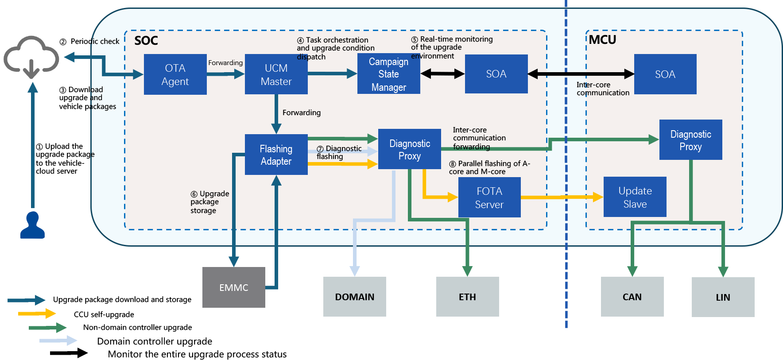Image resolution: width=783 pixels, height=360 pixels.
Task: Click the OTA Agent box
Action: point(175,74)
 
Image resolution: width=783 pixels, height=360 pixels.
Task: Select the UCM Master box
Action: point(276,74)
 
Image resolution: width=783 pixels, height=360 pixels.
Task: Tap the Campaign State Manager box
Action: point(389,74)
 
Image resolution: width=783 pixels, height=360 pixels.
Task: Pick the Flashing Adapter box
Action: point(276,155)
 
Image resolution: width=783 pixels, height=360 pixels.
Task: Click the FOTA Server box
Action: point(489,197)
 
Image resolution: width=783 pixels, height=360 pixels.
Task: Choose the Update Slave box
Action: point(635,197)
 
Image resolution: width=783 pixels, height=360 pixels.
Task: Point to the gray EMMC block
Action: point(234,287)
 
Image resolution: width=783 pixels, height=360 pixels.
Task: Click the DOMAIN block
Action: point(355,297)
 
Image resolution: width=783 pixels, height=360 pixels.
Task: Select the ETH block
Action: point(468,297)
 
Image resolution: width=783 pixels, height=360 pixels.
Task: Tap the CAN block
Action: point(632,297)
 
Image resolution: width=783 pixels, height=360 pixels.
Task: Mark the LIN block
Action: point(723,297)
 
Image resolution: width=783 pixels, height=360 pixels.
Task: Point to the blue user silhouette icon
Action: point(33,225)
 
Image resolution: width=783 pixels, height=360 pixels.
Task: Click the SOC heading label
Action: point(146,41)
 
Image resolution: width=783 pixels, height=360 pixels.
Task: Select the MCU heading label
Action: point(602,40)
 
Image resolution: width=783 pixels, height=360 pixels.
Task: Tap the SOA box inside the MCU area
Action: point(665,74)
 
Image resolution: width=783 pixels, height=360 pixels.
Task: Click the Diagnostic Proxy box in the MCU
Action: point(691,140)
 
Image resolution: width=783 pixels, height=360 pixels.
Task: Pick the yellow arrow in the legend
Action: point(37,314)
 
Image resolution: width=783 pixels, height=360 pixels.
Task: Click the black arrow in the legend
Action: point(69,353)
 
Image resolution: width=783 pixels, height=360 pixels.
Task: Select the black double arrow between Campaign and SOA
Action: point(442,74)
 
